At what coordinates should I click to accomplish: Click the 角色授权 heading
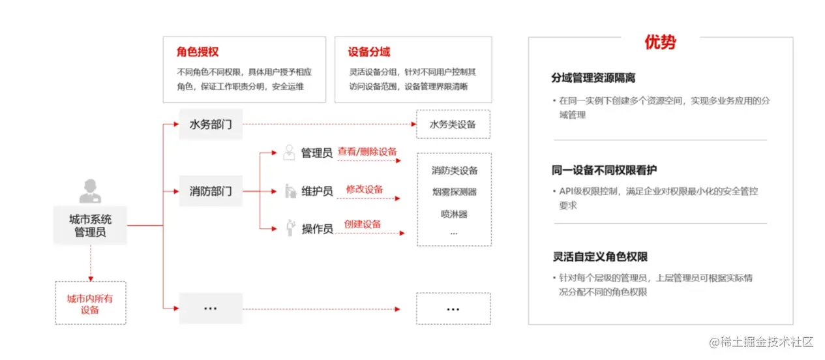click(197, 52)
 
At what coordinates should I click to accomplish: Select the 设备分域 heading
click(369, 52)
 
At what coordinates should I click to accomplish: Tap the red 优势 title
click(660, 43)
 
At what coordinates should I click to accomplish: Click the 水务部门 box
click(210, 124)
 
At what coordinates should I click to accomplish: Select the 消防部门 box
click(210, 192)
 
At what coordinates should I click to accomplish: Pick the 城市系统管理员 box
click(90, 225)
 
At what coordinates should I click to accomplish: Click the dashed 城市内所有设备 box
click(90, 304)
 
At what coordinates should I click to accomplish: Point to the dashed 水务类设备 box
click(453, 124)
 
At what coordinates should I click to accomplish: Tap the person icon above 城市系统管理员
click(90, 191)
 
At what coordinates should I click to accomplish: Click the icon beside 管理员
click(289, 153)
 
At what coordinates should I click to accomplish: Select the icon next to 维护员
click(290, 191)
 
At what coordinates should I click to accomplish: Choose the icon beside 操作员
click(290, 228)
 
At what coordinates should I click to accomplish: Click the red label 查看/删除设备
click(367, 152)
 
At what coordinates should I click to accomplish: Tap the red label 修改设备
click(365, 189)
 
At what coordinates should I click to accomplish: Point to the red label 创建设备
click(363, 224)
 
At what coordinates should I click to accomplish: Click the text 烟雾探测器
click(454, 192)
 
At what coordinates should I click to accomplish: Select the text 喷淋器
click(454, 213)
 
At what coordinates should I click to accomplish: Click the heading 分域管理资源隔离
click(593, 78)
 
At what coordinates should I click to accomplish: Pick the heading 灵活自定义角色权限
click(600, 257)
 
